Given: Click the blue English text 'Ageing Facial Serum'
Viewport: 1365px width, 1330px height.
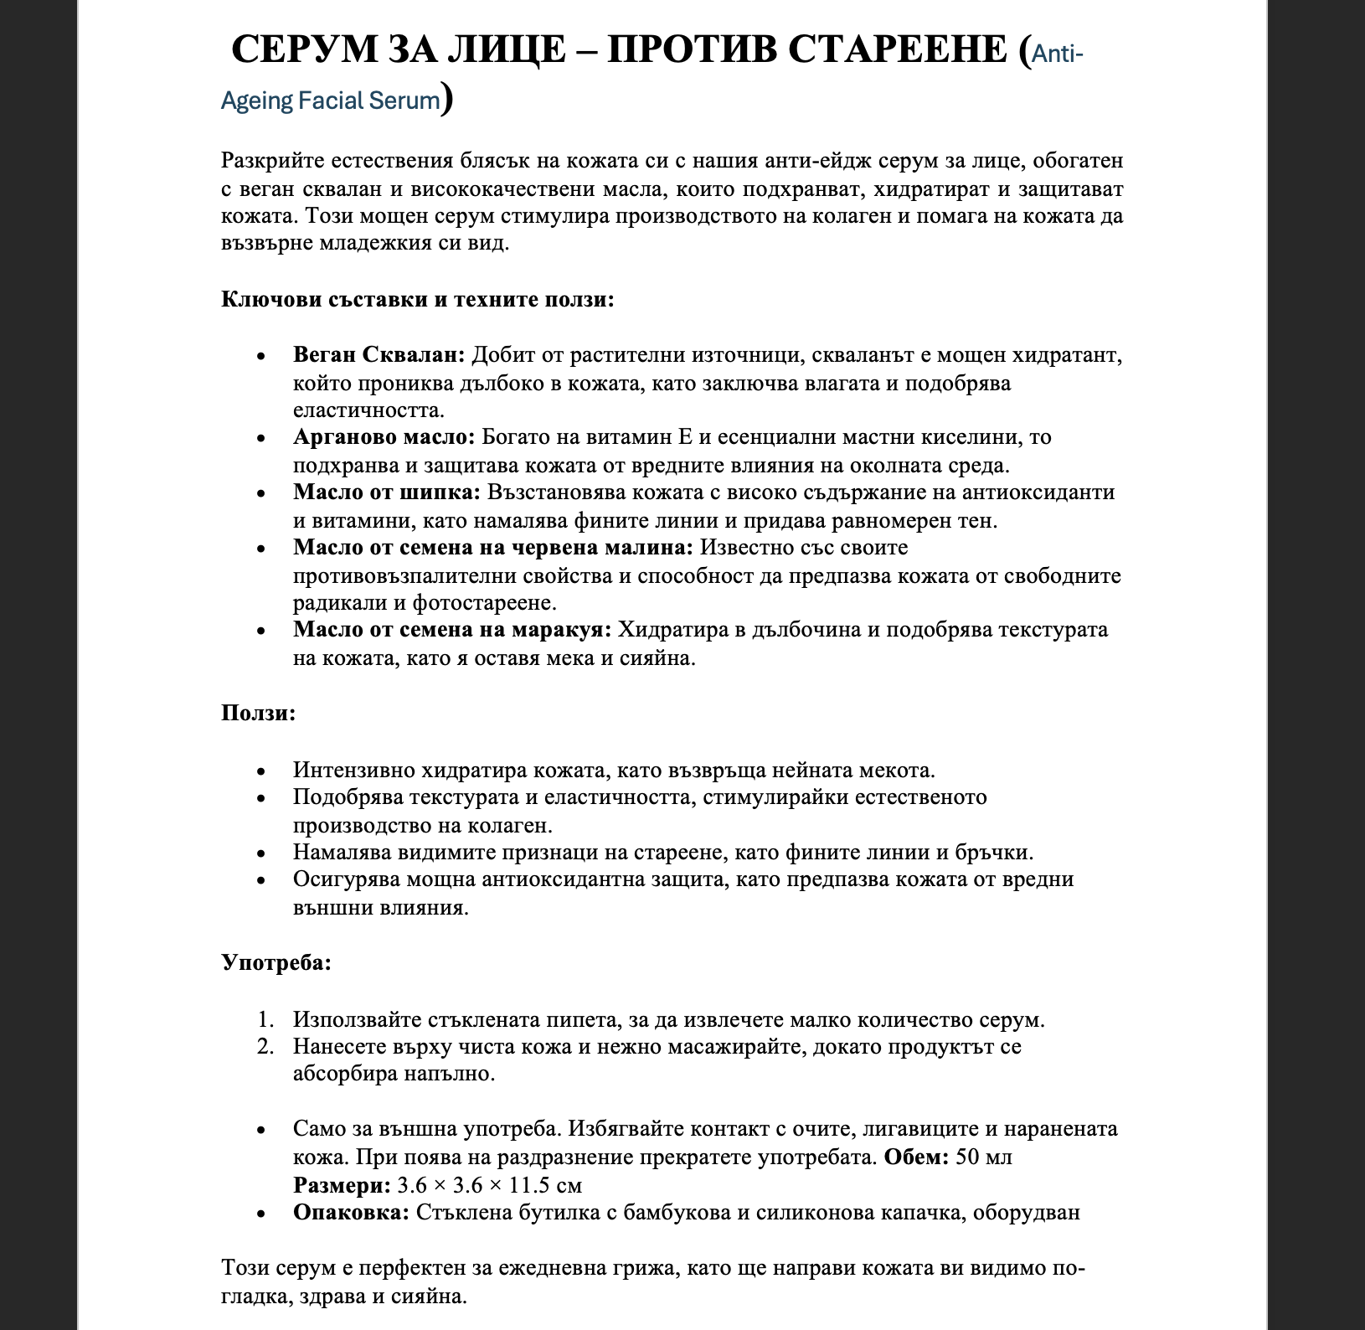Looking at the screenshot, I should point(330,101).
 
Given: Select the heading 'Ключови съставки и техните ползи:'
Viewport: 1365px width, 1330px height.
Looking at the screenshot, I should point(418,299).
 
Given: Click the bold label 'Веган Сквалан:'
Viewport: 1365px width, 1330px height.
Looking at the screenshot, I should point(379,355).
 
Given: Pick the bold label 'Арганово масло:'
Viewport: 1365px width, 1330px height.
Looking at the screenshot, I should point(384,437).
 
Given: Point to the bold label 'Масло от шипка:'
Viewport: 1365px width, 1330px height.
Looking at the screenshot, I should point(386,492).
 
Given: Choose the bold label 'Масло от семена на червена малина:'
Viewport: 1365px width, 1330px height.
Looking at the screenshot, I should point(493,548).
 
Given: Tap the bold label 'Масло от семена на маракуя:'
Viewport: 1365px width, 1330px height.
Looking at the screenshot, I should point(453,630).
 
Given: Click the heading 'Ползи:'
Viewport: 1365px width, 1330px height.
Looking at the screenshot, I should point(258,714).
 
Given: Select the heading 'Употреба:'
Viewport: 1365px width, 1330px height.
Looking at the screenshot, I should point(276,962).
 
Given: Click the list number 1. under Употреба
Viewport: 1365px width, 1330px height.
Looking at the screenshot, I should point(265,1020).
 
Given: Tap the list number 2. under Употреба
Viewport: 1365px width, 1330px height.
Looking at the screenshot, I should point(265,1047).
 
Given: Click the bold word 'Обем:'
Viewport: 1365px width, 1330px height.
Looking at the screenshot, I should point(916,1157).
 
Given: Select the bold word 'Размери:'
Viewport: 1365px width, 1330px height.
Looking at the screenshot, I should point(342,1185).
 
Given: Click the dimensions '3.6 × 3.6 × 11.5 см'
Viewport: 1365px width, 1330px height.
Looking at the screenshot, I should point(489,1185).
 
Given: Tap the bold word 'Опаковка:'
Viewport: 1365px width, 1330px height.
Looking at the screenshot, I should point(351,1213).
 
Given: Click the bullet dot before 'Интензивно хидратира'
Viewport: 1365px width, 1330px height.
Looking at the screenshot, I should point(262,771).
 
